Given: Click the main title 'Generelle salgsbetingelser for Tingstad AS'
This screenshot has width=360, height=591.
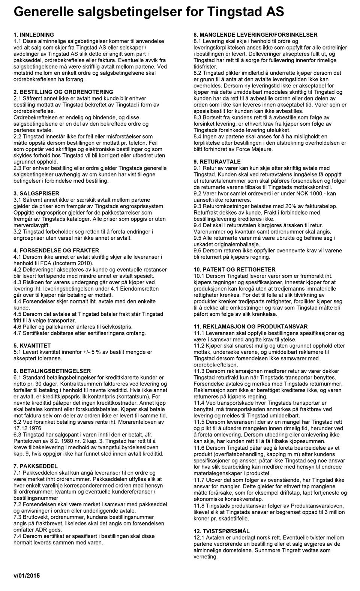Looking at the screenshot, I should coord(148,12).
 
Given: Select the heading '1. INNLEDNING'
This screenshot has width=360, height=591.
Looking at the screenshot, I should coord(34,34).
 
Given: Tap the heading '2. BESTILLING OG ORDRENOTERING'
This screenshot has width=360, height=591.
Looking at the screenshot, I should coord(63,92).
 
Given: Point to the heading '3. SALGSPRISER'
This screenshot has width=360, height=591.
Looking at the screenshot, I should coord(36,193).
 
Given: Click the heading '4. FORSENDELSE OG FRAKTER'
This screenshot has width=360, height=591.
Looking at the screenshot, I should coord(56,250).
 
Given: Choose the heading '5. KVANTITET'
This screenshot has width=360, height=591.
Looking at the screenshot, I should coord(32,345).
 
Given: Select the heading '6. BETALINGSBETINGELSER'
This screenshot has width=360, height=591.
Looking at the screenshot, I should coord(52,371).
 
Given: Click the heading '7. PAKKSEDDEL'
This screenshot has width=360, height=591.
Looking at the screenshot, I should coord(36,466).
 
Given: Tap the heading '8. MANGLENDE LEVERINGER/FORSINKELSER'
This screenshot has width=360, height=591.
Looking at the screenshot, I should coord(255,34).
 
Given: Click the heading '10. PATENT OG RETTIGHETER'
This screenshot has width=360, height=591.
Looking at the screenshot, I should coord(234,270).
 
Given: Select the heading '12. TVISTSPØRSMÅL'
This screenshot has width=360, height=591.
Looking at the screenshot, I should coord(221,531).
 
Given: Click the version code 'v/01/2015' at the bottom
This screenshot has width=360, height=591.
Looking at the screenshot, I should coord(26,575).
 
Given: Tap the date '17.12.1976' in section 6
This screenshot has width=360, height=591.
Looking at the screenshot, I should coord(27,428).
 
